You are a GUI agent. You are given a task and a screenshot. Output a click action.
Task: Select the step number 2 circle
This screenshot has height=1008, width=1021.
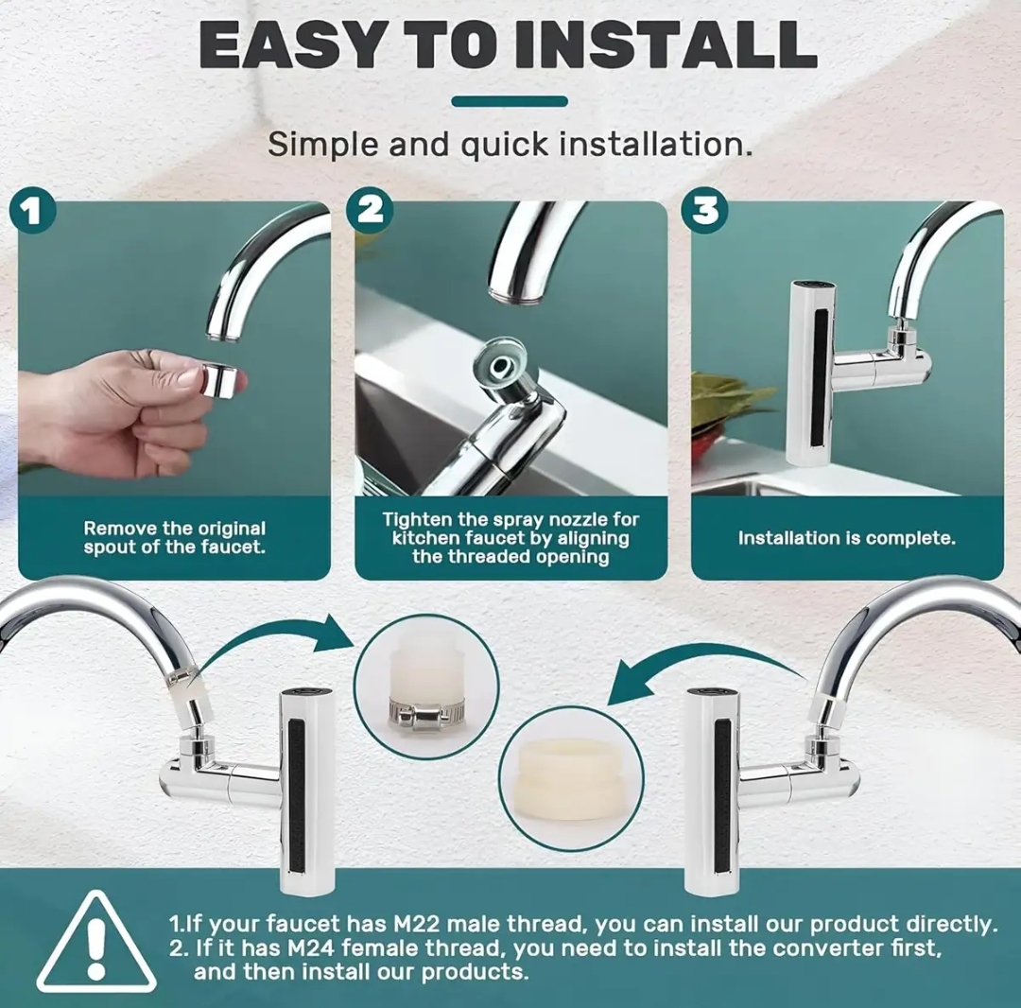[x=370, y=210]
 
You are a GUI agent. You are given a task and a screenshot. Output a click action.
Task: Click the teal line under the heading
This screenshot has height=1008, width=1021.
[x=510, y=101]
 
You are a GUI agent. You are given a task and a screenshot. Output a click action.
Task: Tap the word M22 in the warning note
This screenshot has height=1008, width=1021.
[x=418, y=924]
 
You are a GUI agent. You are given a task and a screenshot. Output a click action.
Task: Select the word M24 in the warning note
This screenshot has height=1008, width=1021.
[x=312, y=948]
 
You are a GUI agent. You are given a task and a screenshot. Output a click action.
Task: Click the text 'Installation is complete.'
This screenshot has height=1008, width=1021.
[x=846, y=538]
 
